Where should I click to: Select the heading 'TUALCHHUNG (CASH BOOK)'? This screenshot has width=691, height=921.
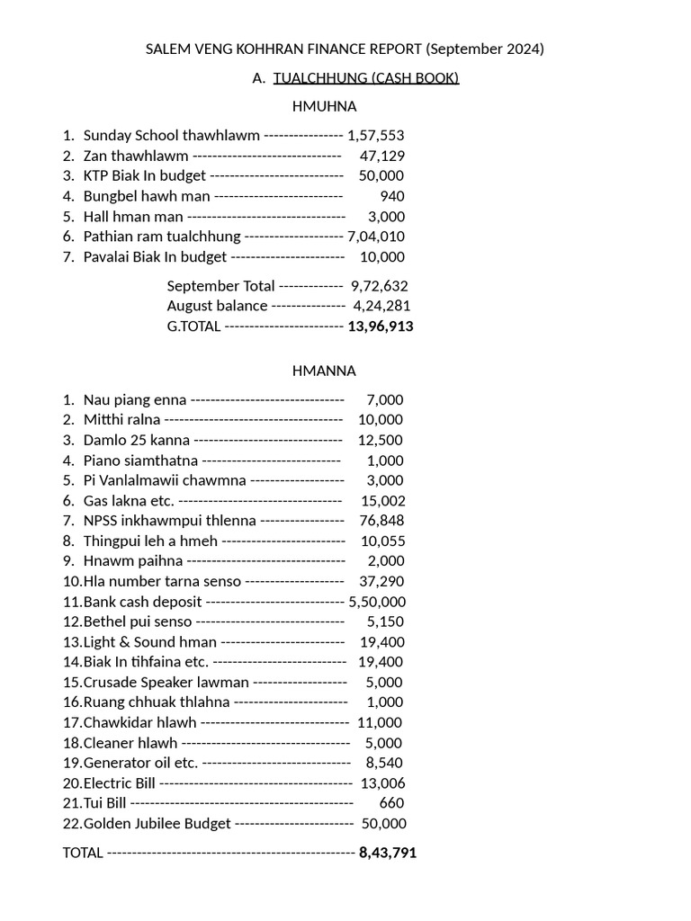click(x=366, y=78)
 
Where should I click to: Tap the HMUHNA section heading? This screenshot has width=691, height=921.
click(x=324, y=106)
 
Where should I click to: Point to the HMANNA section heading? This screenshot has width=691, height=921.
click(x=324, y=371)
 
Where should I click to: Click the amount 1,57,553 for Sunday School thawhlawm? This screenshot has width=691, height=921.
click(x=375, y=136)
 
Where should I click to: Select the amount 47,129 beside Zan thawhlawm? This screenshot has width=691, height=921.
click(x=381, y=156)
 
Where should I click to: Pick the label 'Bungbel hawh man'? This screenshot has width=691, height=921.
click(x=147, y=196)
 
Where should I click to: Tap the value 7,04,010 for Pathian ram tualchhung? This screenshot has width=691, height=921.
click(x=375, y=237)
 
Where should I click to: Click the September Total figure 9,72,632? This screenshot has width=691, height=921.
click(x=379, y=286)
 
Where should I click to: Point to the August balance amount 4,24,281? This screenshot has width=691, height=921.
click(x=380, y=306)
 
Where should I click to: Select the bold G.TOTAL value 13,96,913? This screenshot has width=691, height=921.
click(x=381, y=326)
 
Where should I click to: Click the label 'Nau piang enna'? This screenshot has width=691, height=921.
click(x=135, y=400)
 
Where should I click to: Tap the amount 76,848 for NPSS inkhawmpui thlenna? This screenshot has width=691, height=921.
click(x=381, y=521)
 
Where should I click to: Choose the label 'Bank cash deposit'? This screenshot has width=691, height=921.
click(x=142, y=602)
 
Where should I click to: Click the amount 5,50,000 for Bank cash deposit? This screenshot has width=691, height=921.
click(x=377, y=602)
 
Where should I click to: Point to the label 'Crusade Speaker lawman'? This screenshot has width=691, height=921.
click(x=166, y=683)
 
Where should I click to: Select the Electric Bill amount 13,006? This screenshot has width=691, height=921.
click(x=382, y=783)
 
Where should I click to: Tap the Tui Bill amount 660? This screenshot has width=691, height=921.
click(x=391, y=803)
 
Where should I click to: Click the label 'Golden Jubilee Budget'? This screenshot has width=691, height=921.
click(x=157, y=824)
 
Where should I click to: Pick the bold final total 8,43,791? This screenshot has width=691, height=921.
click(x=387, y=853)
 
